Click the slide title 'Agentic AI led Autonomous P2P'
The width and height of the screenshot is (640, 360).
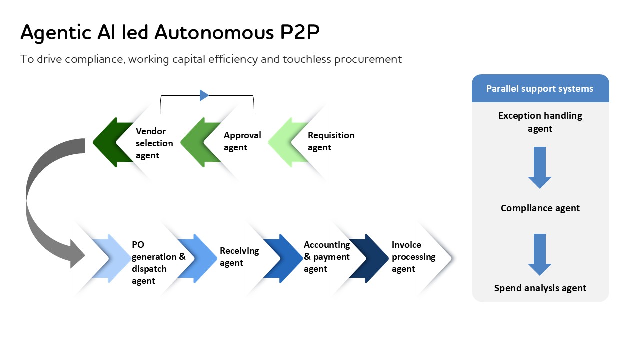[170, 32]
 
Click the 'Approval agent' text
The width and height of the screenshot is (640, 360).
[242, 141]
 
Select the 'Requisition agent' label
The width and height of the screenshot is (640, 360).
[331, 141]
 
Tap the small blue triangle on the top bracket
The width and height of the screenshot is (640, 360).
[204, 95]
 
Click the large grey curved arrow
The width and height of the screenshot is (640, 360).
[40, 200]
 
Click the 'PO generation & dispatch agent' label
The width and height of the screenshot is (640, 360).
[158, 263]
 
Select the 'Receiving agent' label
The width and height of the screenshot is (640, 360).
[239, 257]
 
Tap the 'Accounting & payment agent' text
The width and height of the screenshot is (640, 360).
[327, 257]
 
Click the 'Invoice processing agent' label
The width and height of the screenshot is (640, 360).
[413, 257]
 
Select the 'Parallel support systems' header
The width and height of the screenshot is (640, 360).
[540, 89]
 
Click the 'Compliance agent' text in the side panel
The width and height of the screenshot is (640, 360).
[540, 208]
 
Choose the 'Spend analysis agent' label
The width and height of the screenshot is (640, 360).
[540, 288]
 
